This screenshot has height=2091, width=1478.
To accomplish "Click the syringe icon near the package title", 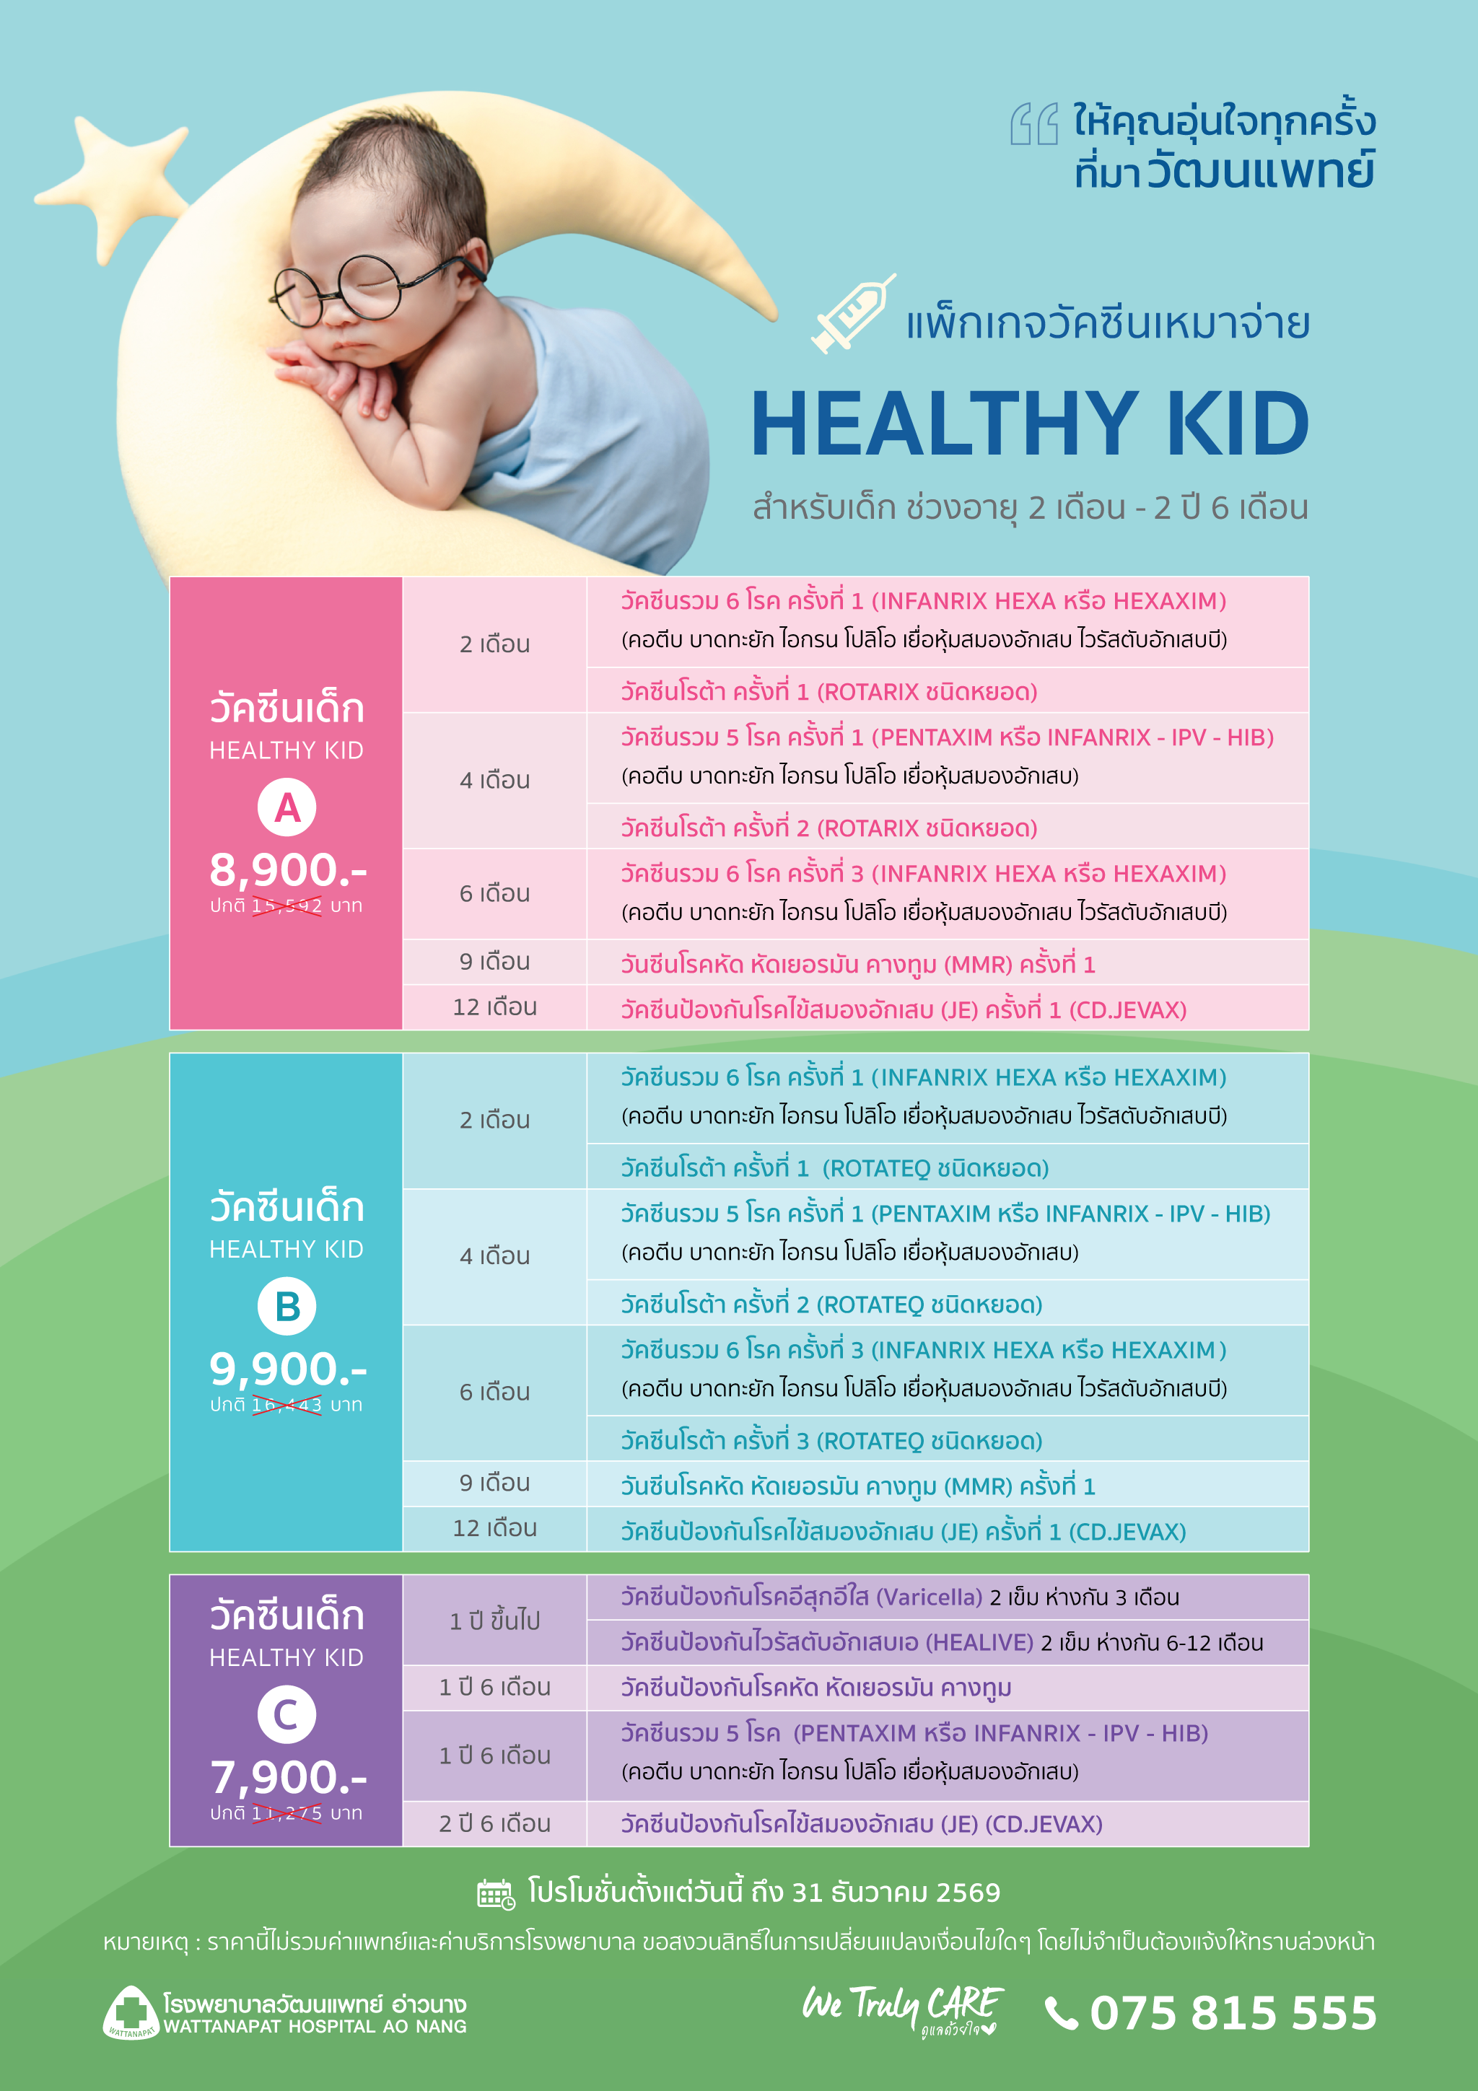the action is point(852,313).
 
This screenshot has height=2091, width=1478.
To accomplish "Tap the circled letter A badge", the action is point(287,808).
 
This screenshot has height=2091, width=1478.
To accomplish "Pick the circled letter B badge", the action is point(287,1306).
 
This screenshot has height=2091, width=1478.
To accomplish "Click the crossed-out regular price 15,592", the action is point(287,906).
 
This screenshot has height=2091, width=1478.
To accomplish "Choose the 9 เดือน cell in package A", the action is point(494,962).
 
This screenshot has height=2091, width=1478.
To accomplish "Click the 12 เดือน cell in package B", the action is point(494,1528).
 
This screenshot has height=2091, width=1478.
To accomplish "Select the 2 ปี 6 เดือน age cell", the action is point(494,1824).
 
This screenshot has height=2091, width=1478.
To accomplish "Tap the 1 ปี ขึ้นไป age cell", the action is point(494,1620).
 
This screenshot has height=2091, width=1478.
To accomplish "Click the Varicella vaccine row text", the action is point(900,1597).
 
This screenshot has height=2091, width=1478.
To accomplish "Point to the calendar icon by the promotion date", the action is point(497,1894).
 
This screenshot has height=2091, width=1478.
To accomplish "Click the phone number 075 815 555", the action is point(1233,2012).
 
